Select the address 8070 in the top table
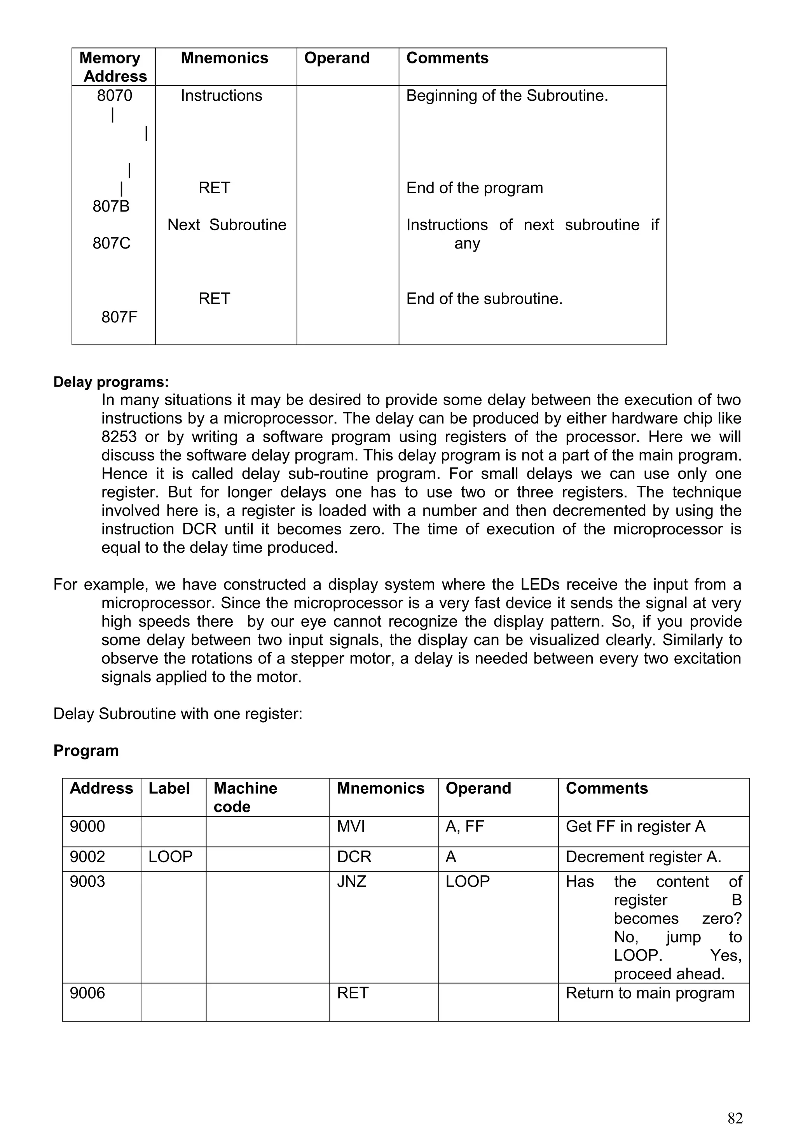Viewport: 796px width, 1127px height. [x=114, y=95]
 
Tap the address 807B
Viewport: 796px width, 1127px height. [x=111, y=206]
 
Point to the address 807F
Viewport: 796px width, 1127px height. [x=119, y=317]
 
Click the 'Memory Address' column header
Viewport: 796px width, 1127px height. [x=113, y=67]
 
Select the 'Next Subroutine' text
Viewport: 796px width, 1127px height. [x=227, y=225]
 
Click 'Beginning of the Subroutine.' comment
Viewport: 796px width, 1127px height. [x=507, y=95]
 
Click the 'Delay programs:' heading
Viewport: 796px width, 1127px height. [x=111, y=381]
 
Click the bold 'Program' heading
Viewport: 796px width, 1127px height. [x=86, y=751]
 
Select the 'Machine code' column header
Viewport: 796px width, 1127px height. [x=245, y=797]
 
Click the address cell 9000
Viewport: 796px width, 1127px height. [x=87, y=827]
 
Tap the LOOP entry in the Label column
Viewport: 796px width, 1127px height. [x=170, y=857]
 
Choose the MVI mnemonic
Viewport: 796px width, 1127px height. [x=351, y=827]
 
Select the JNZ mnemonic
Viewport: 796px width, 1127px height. [x=351, y=882]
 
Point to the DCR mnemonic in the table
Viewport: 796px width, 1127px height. [x=354, y=857]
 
